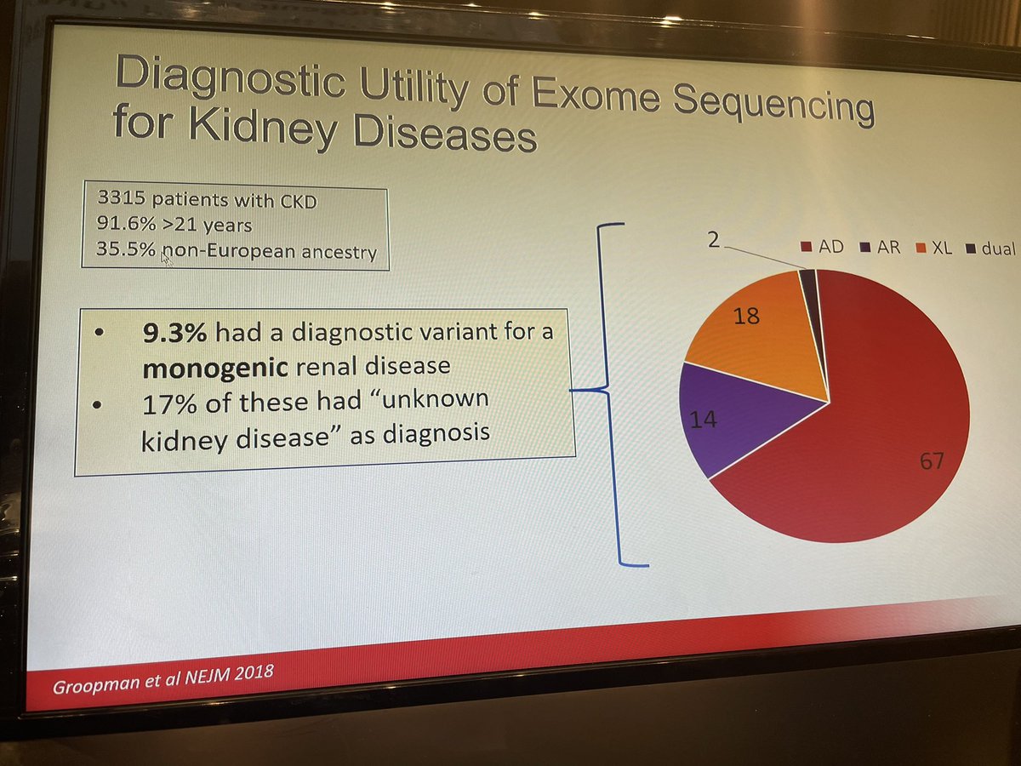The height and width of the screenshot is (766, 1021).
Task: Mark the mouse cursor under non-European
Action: (166, 259)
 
